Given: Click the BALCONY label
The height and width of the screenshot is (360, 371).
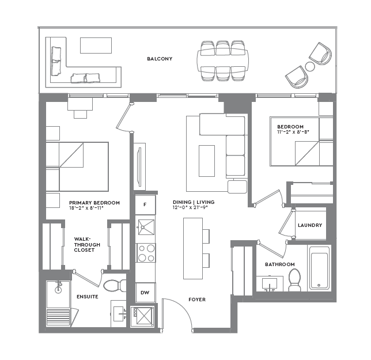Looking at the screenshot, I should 160,59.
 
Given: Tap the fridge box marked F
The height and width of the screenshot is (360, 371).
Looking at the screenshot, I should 145,204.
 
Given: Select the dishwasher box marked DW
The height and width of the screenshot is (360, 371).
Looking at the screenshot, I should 145,292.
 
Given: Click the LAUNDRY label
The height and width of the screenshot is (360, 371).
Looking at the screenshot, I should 310,225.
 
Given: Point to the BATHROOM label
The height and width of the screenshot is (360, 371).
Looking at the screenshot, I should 279,264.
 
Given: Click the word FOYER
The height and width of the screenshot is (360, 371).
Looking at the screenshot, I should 197,300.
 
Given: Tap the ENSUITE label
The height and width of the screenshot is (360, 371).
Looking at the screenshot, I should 87,297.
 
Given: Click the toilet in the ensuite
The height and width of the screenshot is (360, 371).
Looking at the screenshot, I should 118,285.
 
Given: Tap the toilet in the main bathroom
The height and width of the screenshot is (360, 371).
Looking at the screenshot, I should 295,279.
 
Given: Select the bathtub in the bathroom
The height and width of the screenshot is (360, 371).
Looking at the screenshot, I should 319,268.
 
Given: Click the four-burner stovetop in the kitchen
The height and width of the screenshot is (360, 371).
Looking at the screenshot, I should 145,252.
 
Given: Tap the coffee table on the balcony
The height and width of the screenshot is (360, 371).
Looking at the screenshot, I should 96,46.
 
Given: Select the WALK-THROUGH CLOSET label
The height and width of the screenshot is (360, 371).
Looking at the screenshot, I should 87,245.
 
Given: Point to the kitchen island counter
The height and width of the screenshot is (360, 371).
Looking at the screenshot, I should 192,248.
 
